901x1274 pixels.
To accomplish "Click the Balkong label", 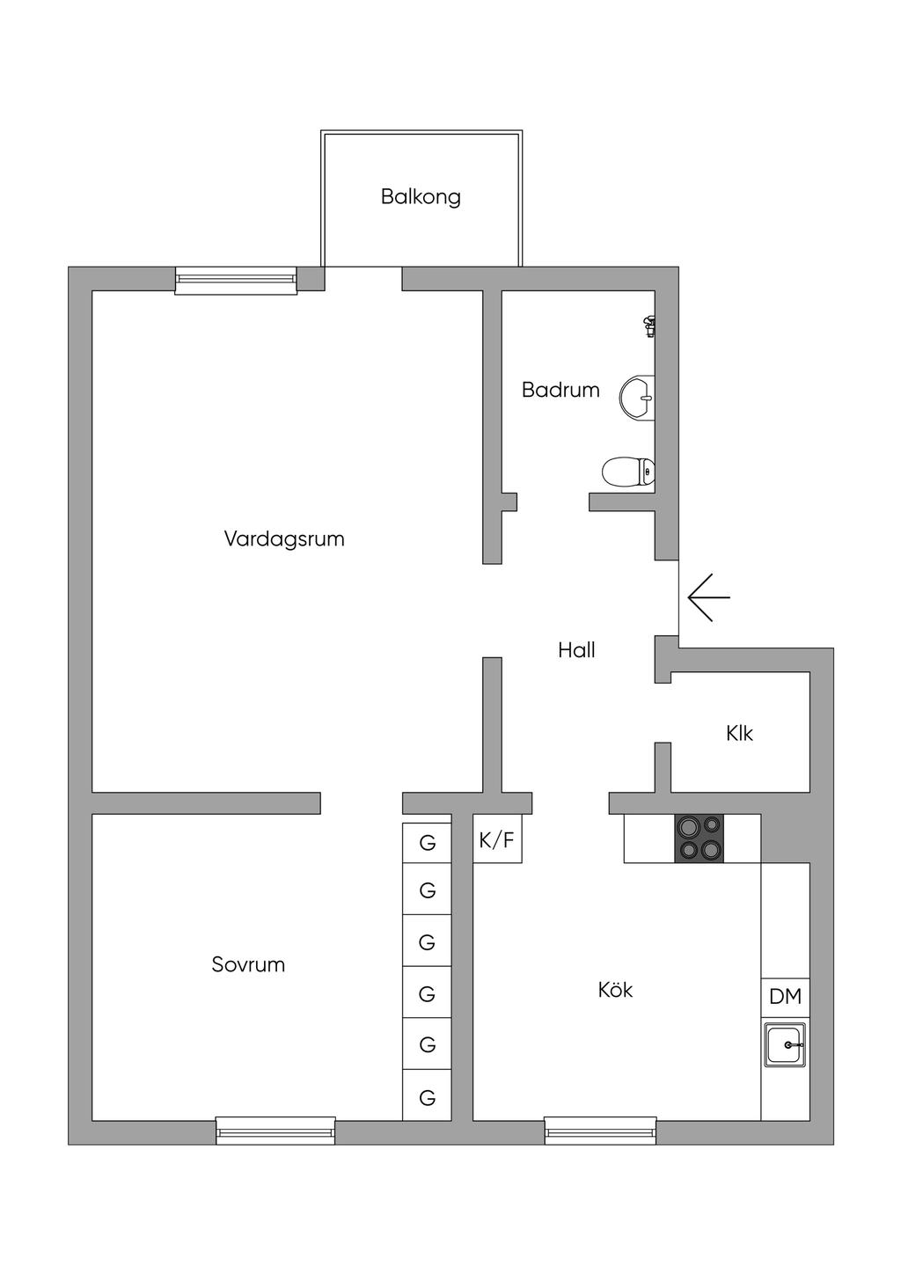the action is click(x=421, y=196).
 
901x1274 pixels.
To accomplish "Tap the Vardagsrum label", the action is click(x=284, y=538).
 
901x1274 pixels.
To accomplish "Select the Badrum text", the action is click(x=560, y=390).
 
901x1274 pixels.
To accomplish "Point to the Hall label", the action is click(x=576, y=650).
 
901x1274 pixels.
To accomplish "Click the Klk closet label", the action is click(x=740, y=733).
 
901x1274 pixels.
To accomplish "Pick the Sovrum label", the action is click(x=248, y=964).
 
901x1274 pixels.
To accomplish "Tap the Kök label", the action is click(x=615, y=990).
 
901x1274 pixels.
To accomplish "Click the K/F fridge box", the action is click(x=497, y=839).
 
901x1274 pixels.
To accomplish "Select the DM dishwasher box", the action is click(x=785, y=996).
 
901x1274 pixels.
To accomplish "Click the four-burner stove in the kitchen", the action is click(x=699, y=838).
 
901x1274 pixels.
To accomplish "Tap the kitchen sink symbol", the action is click(x=785, y=1045).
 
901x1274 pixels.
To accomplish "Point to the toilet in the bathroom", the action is click(x=628, y=472).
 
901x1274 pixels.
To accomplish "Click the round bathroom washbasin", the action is click(x=637, y=397).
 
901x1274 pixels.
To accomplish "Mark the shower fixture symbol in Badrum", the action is click(x=649, y=326).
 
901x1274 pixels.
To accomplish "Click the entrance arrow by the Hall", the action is click(x=708, y=597).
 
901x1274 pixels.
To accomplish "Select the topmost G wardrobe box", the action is click(x=427, y=843).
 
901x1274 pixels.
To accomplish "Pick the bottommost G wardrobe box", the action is click(x=427, y=1097).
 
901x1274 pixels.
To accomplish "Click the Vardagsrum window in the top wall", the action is click(x=236, y=280).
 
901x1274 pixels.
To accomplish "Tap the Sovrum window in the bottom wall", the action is click(x=275, y=1131).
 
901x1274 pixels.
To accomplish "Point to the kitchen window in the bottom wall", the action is click(x=600, y=1131).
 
